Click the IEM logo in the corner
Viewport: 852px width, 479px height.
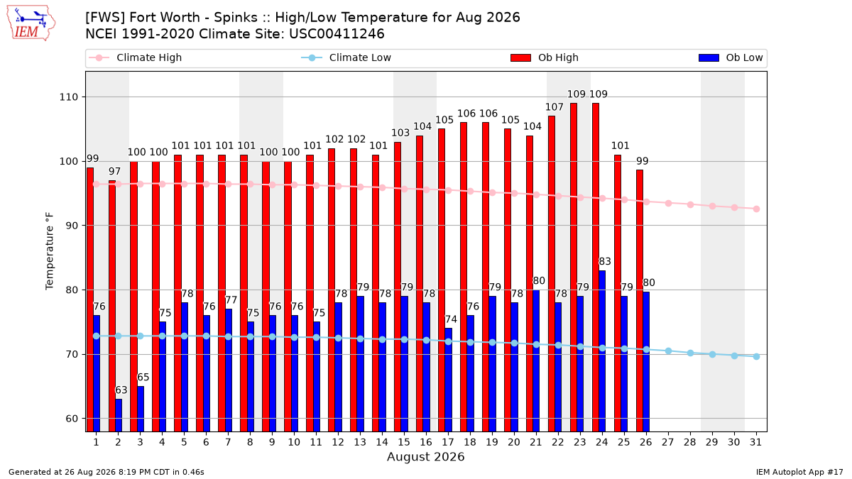31,23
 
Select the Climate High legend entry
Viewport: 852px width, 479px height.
135,57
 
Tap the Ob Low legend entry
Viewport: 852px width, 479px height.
731,57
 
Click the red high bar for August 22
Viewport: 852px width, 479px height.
552,274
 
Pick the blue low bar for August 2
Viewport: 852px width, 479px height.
119,415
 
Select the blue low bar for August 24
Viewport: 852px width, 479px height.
602,351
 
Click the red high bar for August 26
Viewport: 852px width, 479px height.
640,301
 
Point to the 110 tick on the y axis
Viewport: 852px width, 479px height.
68,97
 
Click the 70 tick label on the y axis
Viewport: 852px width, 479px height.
72,354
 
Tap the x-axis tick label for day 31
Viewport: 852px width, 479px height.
755,443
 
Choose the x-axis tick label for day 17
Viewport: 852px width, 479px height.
448,443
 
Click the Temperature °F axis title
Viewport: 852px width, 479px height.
50,251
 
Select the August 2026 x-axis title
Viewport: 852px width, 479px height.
425,456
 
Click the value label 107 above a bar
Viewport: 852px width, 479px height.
555,107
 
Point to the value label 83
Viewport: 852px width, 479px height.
605,262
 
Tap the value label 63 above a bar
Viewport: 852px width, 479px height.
121,390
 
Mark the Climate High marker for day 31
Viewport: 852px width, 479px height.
756,209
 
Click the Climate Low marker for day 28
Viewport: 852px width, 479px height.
690,353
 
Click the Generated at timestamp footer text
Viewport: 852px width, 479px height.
106,472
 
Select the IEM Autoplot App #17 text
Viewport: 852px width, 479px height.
799,472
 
